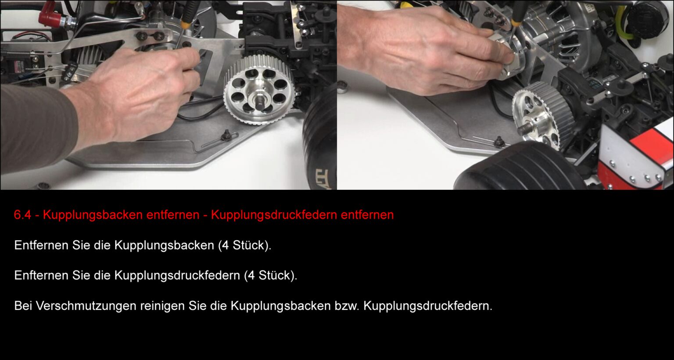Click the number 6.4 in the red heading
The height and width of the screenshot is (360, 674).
23,215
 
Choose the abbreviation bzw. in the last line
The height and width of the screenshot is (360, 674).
347,306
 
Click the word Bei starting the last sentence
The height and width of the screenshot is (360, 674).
23,306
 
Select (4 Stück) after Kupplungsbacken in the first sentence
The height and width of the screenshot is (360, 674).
245,245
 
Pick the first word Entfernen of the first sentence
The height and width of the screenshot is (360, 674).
41,245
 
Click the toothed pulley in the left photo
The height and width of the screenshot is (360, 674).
259,90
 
